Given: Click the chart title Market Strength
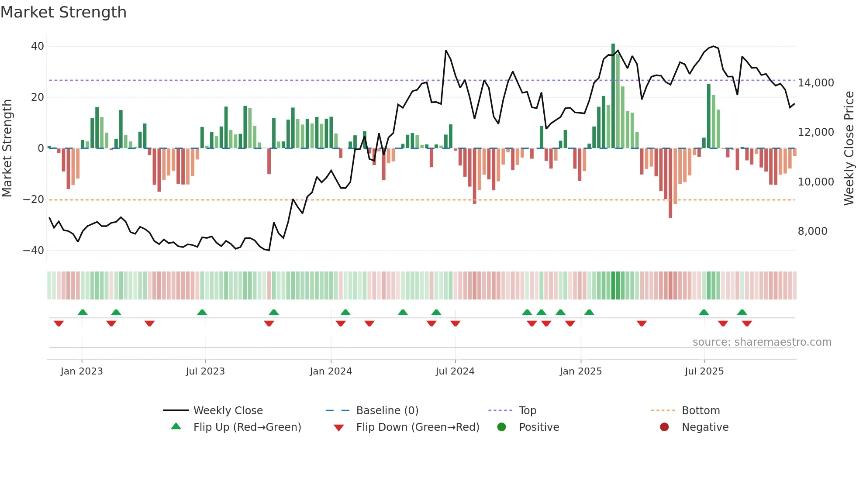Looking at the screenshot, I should (x=63, y=12).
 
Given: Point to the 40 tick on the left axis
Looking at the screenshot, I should (x=38, y=46).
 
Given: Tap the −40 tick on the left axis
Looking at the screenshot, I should (x=34, y=251).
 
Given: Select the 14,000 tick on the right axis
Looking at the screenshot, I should (x=815, y=83).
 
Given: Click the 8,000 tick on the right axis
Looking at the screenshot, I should (x=812, y=231).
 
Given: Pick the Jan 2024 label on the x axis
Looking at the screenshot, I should (x=331, y=371).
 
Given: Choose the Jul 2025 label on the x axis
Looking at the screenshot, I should (x=704, y=371).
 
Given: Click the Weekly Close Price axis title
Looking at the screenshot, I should (x=849, y=148).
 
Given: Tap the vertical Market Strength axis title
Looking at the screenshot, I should (x=7, y=148).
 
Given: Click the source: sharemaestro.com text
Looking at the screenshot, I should (x=762, y=342).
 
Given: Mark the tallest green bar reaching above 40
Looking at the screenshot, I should (x=613, y=96).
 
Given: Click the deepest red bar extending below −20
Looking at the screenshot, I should (x=670, y=183).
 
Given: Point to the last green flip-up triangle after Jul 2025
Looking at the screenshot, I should (x=742, y=312).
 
